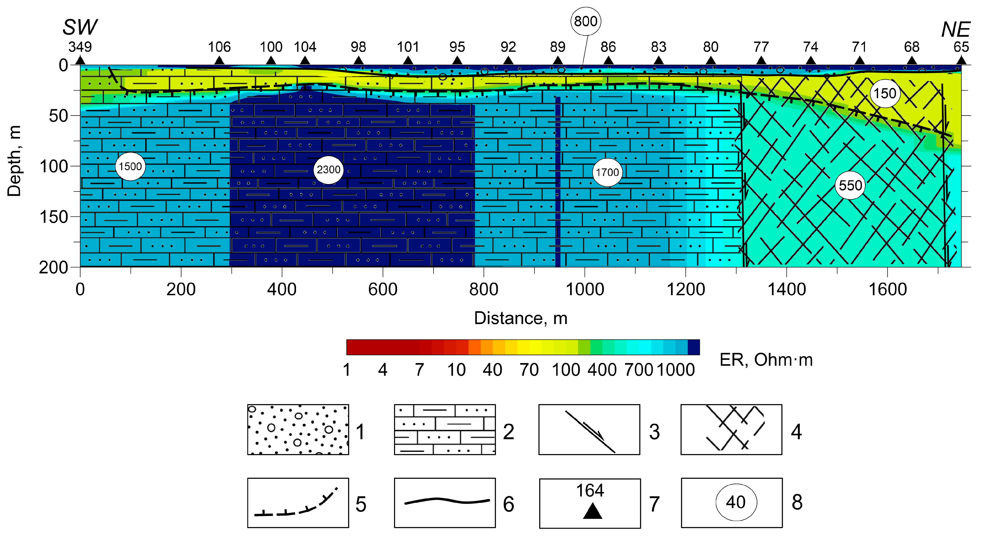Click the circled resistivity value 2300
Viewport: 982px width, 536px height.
(328, 170)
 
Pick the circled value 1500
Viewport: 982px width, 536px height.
(130, 166)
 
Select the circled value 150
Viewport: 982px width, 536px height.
(885, 93)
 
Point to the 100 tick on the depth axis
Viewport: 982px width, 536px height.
(53, 166)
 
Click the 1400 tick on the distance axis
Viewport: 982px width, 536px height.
(786, 289)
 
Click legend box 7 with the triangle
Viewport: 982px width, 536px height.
(590, 503)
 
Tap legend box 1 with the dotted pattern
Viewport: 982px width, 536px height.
(298, 429)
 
